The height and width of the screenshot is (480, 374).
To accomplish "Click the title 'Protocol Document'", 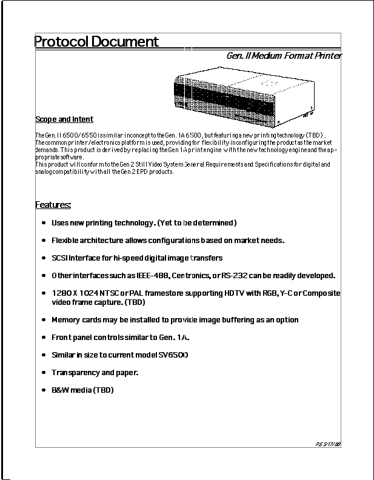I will click(96, 42).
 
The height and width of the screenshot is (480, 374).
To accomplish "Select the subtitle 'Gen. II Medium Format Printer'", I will click(284, 56).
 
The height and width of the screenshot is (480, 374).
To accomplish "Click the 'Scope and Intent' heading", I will click(64, 119).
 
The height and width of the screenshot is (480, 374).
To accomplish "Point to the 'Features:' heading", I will click(53, 205).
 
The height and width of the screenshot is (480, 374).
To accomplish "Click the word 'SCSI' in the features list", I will click(60, 258).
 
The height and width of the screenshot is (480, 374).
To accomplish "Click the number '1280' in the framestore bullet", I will click(61, 293).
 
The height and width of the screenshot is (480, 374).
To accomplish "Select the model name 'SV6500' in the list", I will click(172, 355).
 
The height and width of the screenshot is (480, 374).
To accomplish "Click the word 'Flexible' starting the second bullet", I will click(66, 241).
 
